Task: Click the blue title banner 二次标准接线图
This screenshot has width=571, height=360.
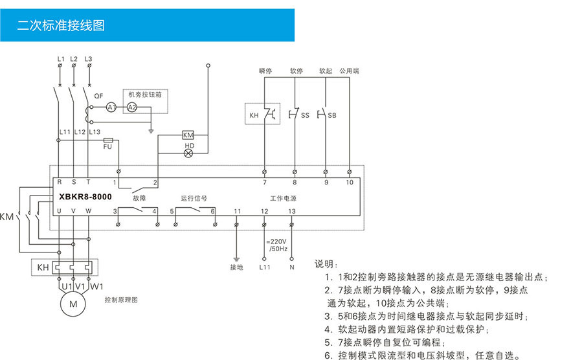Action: coord(61,26)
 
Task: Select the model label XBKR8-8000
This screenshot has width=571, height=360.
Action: coord(85,196)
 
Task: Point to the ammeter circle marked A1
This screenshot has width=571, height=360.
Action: coord(111,107)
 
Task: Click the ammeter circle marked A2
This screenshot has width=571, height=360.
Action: coord(131,107)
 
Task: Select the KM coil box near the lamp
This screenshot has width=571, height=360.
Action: coord(188,135)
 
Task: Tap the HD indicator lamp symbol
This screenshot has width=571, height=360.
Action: coord(189,154)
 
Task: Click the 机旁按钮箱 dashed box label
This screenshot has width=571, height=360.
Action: coord(146,94)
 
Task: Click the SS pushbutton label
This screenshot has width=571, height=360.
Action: coord(305,116)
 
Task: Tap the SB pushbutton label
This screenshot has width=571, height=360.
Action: coord(331,116)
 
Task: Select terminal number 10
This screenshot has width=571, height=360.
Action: coord(350,183)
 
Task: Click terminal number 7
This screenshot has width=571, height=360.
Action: coord(264,183)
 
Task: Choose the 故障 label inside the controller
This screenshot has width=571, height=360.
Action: coord(139,197)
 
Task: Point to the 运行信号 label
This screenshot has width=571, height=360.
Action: coord(194,197)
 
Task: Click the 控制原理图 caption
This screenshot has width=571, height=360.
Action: coord(120,300)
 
